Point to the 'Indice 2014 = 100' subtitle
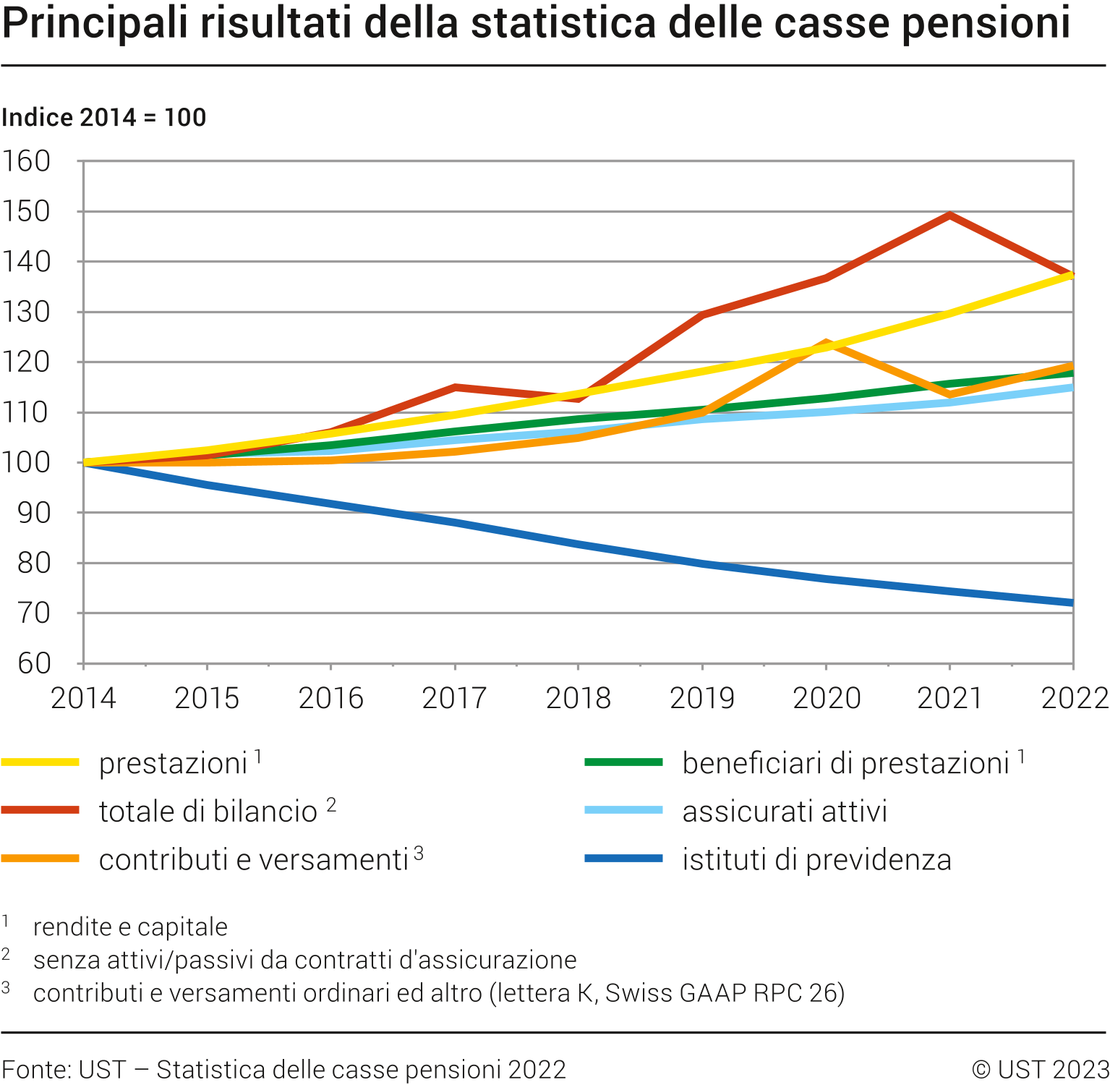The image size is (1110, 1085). coord(104,117)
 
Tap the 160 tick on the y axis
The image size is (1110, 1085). coord(27,161)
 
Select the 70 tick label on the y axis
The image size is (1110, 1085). coord(33,613)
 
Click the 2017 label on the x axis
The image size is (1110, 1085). coord(454,699)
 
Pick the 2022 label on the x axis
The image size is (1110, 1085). coord(1074,699)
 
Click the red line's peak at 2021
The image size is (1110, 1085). coord(949,215)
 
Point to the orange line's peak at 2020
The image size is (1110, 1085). coord(825,344)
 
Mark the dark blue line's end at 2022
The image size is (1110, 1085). coord(1072,603)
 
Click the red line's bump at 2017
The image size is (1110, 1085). coord(455,388)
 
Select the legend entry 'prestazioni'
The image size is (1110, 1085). coord(173,764)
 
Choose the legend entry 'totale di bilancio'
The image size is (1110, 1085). coord(208,812)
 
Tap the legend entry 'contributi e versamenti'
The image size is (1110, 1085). coord(254,860)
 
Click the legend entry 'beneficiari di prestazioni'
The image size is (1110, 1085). coord(845,764)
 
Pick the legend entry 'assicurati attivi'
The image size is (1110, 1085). coord(785,812)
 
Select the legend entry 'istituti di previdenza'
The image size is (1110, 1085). coord(816,860)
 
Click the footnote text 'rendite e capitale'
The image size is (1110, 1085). coord(130,927)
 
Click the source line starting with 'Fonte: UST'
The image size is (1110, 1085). coord(283,1070)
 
